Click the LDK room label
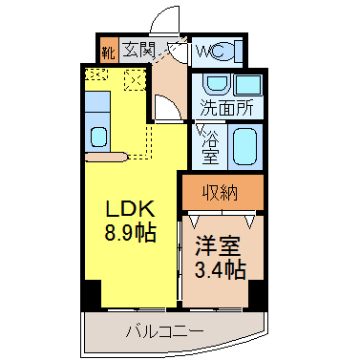click(x=130, y=209)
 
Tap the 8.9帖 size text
click(x=130, y=233)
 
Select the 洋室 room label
click(x=218, y=246)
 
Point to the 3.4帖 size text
click(x=221, y=269)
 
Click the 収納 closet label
click(x=221, y=192)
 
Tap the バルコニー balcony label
click(x=164, y=332)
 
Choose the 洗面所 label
click(x=226, y=108)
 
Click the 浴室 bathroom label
click(x=210, y=147)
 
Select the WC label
click(x=210, y=51)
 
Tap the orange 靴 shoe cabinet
click(x=108, y=51)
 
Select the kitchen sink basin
click(x=98, y=137)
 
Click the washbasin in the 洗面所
click(x=217, y=84)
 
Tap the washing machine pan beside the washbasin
click(x=248, y=85)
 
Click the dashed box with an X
click(x=135, y=79)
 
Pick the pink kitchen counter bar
click(x=106, y=157)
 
